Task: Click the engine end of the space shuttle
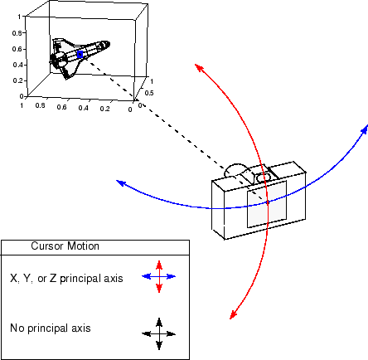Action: click(56, 60)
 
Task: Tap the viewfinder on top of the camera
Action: click(266, 177)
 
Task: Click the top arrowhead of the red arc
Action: click(197, 65)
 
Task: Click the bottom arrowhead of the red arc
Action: click(231, 316)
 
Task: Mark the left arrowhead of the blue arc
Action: click(119, 183)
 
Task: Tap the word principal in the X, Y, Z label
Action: click(85, 279)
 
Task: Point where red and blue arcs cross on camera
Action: click(267, 202)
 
